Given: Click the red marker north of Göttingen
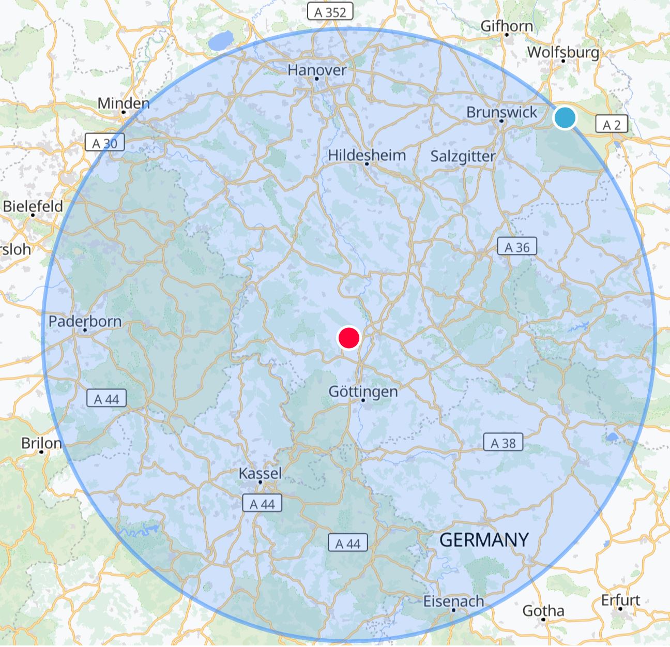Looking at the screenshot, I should click(x=348, y=338).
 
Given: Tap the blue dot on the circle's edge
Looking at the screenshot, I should click(x=565, y=117).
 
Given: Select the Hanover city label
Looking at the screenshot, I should click(x=317, y=70).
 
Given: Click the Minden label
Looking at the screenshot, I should click(x=124, y=103).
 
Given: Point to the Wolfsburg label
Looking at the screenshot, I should click(x=563, y=52).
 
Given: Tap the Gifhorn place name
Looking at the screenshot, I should click(x=507, y=26).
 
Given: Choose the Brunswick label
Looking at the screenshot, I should click(x=501, y=112).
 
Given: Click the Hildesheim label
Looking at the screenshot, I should click(x=367, y=155).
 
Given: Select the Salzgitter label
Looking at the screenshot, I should click(x=463, y=156).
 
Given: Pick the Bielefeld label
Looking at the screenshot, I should click(x=33, y=206).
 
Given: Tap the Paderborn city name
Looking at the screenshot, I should click(x=85, y=321).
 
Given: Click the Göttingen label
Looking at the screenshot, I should click(x=363, y=392).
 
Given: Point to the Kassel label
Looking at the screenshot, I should click(x=260, y=473).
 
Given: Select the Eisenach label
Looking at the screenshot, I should click(x=453, y=601).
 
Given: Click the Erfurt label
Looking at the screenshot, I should click(x=620, y=600).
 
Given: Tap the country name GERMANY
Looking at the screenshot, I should click(x=484, y=540).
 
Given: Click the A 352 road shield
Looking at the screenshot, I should click(x=330, y=11).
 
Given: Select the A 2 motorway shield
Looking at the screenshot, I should click(x=612, y=125).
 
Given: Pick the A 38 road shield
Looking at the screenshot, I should click(x=503, y=443).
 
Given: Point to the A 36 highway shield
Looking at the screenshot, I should click(x=517, y=247).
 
